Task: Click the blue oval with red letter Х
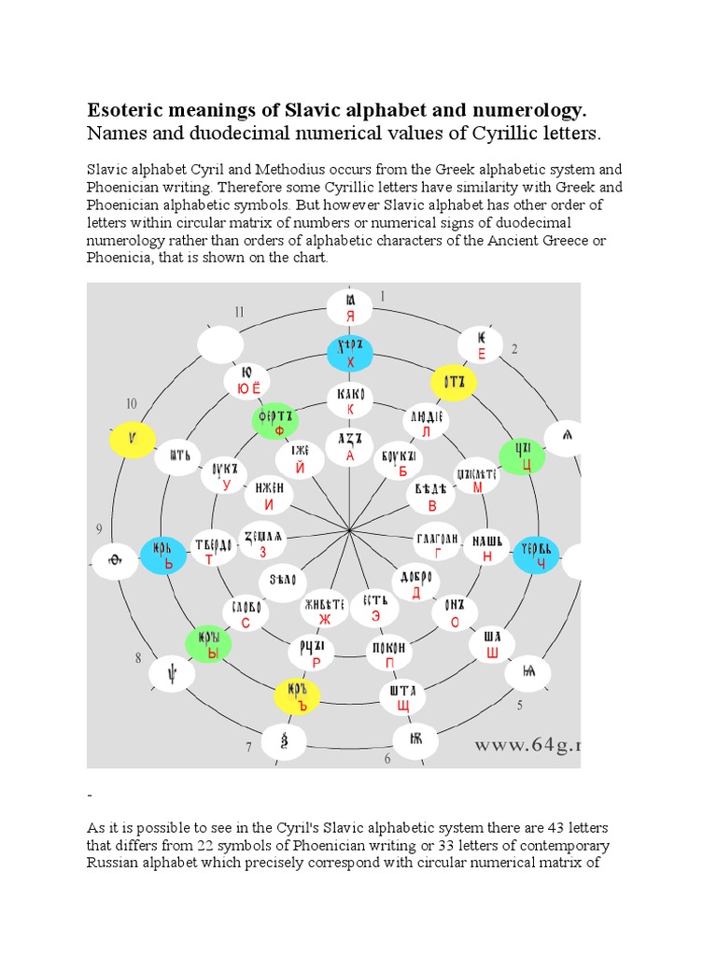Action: (350, 354)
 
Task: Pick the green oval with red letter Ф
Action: (278, 421)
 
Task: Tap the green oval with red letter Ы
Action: (208, 644)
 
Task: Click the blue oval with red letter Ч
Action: (535, 555)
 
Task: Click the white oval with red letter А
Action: (349, 446)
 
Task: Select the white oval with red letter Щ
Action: (402, 696)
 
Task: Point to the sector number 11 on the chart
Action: (240, 312)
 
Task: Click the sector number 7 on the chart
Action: (249, 747)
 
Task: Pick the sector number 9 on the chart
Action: (99, 530)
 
